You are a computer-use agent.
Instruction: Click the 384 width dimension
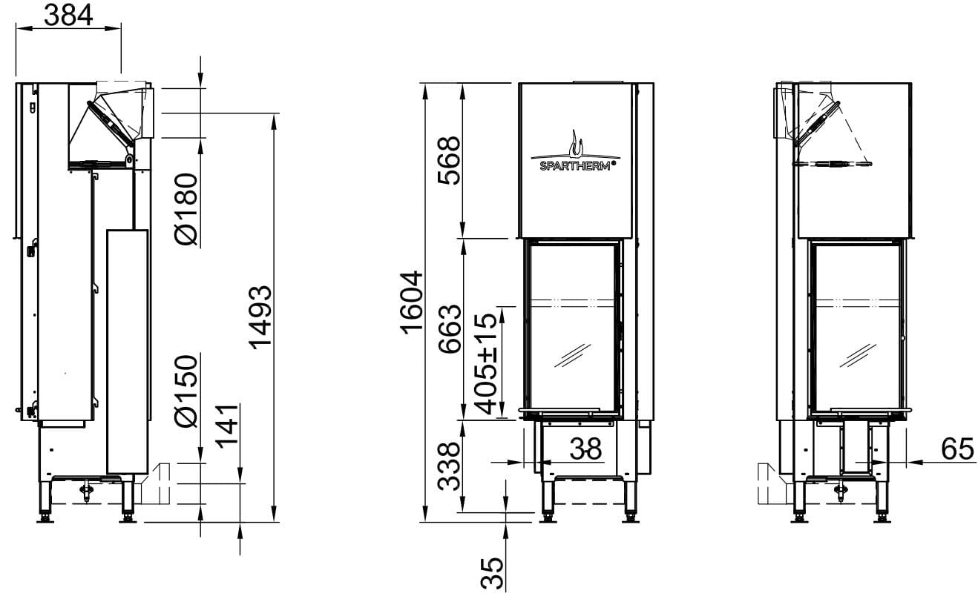68,15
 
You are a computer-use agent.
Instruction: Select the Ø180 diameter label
186,209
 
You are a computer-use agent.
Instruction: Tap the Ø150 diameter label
186,391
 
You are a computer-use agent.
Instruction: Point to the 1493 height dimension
260,317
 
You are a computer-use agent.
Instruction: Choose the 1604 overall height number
412,302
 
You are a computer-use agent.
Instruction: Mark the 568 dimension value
449,161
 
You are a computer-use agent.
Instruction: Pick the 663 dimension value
449,329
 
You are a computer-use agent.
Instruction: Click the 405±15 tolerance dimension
485,364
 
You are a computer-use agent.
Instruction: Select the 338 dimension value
449,466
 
